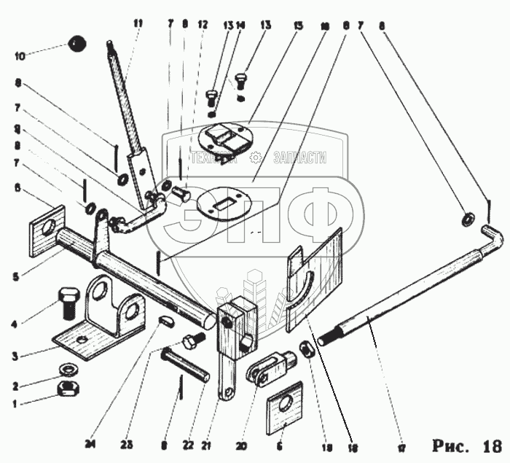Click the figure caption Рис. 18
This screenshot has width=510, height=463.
(x=466, y=445)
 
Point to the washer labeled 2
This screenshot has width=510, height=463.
(x=67, y=365)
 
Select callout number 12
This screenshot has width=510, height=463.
(x=203, y=24)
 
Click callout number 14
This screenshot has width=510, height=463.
(x=240, y=24)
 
